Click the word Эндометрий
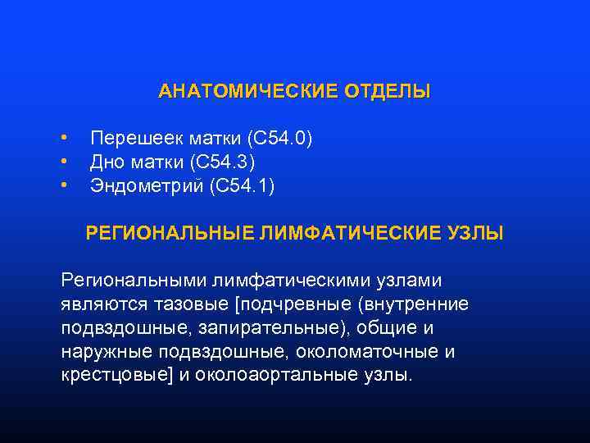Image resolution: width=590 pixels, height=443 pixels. click(x=147, y=186)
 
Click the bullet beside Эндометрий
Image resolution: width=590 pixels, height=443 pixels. click(x=63, y=185)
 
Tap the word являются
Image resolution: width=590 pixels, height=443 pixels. click(x=102, y=304)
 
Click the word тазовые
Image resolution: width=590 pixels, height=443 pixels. click(x=190, y=304)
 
